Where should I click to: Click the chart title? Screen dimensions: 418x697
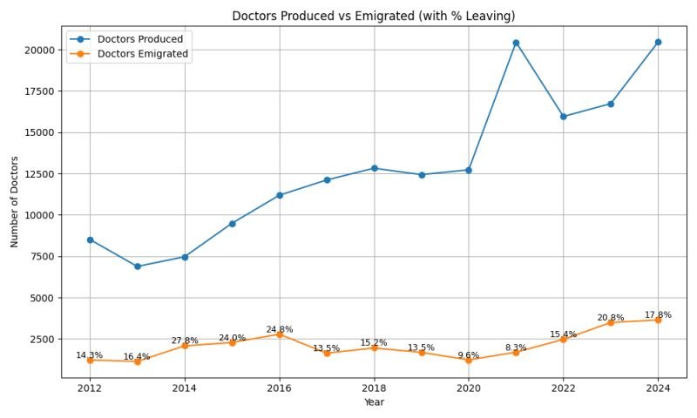click(373, 16)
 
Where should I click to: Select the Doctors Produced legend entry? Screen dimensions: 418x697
click(139, 39)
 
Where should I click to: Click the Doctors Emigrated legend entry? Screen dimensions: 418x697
click(143, 54)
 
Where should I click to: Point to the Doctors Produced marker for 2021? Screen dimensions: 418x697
click(516, 43)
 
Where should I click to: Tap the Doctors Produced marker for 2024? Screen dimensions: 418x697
click(658, 42)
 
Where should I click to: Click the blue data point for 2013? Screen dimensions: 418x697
click(137, 266)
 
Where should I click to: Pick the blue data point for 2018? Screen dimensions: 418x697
click(374, 168)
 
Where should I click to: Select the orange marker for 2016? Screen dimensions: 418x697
click(279, 334)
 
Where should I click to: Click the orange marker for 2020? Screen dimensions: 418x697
click(469, 360)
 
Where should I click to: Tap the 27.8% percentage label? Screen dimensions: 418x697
click(185, 340)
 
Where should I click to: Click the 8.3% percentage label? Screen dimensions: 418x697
click(516, 347)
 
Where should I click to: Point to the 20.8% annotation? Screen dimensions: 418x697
click(610, 318)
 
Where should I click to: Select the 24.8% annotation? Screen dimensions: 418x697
click(279, 329)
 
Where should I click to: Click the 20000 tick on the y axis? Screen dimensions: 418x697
click(39, 50)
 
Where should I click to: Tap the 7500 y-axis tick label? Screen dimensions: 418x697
click(42, 257)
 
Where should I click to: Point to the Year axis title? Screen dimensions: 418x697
click(373, 402)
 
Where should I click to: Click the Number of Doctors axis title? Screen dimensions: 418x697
click(15, 201)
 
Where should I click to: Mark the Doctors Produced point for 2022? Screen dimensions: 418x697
click(563, 117)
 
